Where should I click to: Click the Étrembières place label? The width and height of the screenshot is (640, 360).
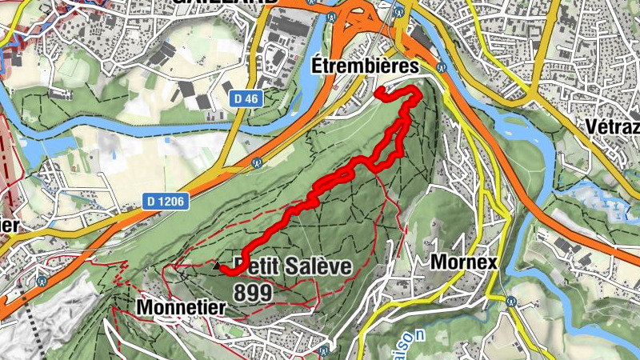(366, 64)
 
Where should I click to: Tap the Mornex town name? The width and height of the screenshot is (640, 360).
(464, 262)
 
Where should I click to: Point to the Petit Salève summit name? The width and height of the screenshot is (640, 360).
(293, 266)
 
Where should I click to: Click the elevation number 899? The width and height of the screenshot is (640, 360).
(254, 292)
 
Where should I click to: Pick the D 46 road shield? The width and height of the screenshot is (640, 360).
(248, 98)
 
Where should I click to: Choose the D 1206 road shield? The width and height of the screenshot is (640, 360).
(166, 201)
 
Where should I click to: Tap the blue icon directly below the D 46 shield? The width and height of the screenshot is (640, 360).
(258, 161)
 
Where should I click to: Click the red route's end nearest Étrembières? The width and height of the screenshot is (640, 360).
(378, 94)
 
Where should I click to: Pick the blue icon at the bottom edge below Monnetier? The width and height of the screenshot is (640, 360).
(322, 350)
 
